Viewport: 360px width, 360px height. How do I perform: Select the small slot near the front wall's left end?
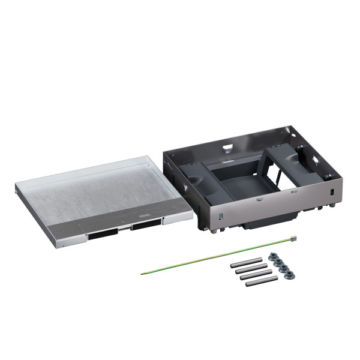(x=220, y=215)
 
